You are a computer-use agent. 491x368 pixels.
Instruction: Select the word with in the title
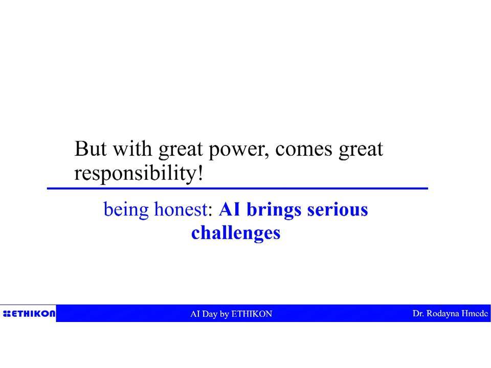tap(132, 148)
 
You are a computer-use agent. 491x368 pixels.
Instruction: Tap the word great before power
tap(181, 150)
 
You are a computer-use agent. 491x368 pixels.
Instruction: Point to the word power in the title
tap(239, 151)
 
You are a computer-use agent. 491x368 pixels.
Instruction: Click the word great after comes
tap(361, 150)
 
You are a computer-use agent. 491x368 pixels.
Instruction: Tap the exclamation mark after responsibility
tap(200, 173)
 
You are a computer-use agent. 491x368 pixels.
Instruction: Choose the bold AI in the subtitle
tap(230, 210)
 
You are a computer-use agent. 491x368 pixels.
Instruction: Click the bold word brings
tap(274, 210)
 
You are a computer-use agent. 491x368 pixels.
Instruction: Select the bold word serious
tap(338, 210)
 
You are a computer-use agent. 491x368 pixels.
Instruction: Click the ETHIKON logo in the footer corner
tap(29, 313)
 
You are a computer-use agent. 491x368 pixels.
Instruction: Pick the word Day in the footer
tap(210, 314)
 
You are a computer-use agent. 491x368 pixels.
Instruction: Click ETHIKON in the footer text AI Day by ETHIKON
tap(252, 314)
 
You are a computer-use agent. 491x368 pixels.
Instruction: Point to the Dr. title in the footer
tap(418, 313)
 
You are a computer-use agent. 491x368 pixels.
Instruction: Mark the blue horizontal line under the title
tap(237, 189)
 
